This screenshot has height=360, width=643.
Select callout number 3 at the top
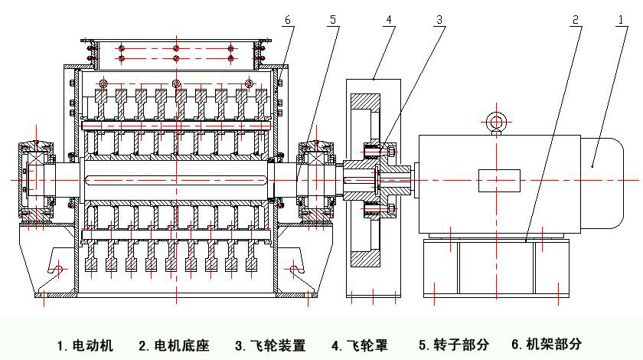click(x=439, y=21)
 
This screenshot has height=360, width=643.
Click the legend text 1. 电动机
click(x=85, y=345)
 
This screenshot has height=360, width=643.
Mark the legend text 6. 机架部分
click(x=547, y=345)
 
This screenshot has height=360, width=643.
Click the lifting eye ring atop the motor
click(x=494, y=120)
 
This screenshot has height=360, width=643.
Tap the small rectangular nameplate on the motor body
click(x=498, y=181)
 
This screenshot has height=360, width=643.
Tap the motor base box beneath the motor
click(x=497, y=268)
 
